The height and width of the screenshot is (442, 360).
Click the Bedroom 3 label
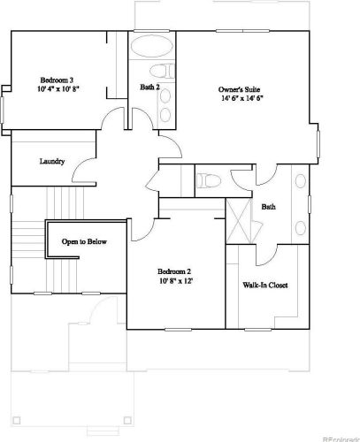(x=57, y=80)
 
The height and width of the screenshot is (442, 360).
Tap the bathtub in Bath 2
(x=152, y=46)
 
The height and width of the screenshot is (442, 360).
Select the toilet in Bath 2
(x=162, y=71)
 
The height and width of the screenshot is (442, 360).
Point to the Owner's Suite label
(x=239, y=89)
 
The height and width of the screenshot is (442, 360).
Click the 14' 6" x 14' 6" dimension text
(x=241, y=98)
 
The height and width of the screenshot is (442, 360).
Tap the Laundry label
(x=52, y=161)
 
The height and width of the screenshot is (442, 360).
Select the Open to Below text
(x=84, y=241)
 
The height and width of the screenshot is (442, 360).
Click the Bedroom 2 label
(x=174, y=271)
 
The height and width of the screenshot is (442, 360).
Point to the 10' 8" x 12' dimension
(x=176, y=281)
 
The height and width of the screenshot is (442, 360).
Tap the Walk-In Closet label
(x=265, y=285)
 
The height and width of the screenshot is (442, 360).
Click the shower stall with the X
(x=239, y=221)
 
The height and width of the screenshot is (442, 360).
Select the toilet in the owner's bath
(x=209, y=180)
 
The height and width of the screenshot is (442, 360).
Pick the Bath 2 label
(x=149, y=87)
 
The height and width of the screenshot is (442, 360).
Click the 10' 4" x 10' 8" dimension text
(x=58, y=89)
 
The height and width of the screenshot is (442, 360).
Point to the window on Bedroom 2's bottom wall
(x=178, y=330)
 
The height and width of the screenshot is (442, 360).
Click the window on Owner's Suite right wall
(x=318, y=144)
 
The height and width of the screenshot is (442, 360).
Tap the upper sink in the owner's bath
(x=301, y=181)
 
